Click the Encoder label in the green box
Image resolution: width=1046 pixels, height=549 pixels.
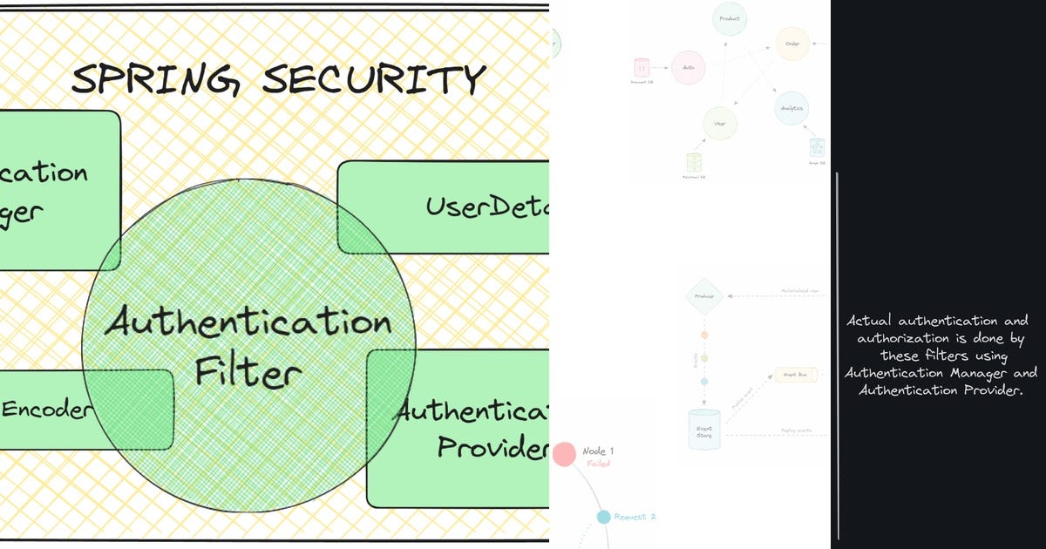[45, 410]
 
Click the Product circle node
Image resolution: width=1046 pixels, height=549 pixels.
[730, 18]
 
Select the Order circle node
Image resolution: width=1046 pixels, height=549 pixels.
[792, 43]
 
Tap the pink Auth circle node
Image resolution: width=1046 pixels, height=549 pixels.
[688, 67]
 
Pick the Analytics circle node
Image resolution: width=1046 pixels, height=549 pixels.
[791, 108]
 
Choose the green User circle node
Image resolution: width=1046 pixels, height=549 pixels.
[720, 124]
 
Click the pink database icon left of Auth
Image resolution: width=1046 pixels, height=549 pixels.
[642, 67]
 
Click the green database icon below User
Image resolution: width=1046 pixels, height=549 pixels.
[694, 162]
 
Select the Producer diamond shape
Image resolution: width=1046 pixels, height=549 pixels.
[704, 296]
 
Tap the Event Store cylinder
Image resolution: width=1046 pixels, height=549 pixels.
[704, 429]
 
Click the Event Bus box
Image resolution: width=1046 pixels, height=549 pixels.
[795, 374]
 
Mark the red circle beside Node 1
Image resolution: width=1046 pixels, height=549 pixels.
[564, 453]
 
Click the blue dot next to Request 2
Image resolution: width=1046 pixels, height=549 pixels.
[603, 517]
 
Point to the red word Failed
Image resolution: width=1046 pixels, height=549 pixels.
[598, 464]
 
